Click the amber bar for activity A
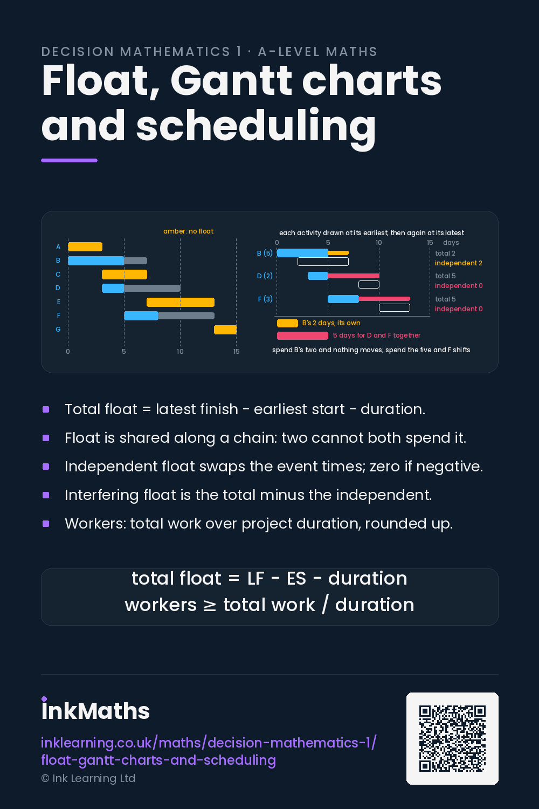(85, 246)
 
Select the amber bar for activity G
(225, 330)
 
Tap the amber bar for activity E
(181, 302)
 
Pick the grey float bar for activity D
(152, 288)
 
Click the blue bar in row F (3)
(343, 299)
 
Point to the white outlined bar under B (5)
(323, 262)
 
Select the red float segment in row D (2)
(354, 276)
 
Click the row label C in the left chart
(58, 275)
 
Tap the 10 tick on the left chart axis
(180, 352)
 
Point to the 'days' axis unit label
(451, 243)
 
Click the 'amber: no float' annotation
(188, 231)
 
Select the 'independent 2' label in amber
(459, 263)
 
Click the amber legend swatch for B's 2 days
(287, 323)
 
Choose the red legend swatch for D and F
(302, 335)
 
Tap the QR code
(452, 738)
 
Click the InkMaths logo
(95, 710)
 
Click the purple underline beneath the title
(70, 160)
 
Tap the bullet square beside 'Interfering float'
(46, 495)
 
